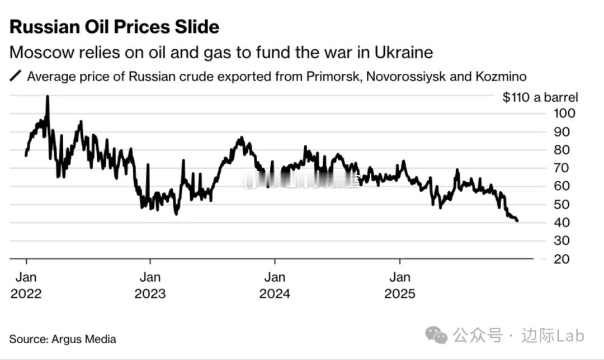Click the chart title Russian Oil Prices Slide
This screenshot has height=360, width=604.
point(114,27)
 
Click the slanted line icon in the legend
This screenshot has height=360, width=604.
point(16,76)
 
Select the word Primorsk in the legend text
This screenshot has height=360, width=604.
point(334,76)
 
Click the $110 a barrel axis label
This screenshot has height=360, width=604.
point(540,97)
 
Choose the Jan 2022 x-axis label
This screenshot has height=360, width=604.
point(26,285)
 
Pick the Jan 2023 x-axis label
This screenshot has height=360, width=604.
point(150,285)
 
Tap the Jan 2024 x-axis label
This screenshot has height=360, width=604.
point(275,285)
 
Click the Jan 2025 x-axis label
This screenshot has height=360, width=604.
point(400,285)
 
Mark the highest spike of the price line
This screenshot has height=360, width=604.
point(48,97)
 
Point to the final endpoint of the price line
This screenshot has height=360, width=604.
point(517,221)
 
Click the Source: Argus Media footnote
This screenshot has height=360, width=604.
point(63,339)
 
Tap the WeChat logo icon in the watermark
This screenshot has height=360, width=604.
point(436,335)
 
